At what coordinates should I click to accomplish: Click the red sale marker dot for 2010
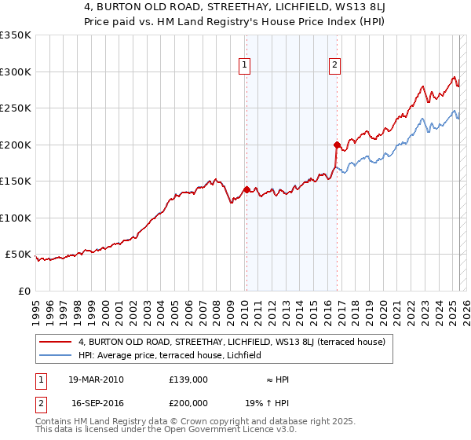pos(246,189)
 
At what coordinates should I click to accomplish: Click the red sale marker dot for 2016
pos(337,145)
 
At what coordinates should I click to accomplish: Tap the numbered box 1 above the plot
pos(246,65)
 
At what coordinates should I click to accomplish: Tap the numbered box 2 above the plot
pos(335,65)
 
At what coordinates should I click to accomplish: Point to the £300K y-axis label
pos(16,71)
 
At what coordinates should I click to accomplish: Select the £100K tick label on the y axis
pos(16,218)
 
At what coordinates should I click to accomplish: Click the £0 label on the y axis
pos(24,291)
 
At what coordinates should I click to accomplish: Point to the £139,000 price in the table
pos(188,379)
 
